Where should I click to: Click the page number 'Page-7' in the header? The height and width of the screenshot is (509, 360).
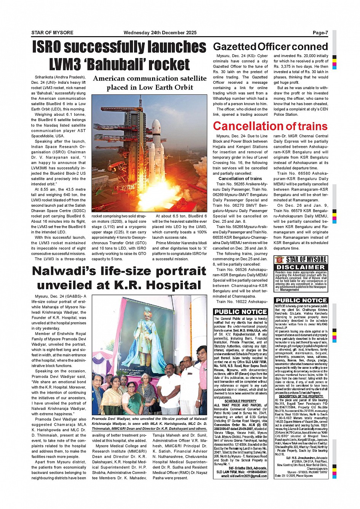pyautogui.click(x=320, y=33)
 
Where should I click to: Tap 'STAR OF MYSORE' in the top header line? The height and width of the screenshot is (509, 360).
pyautogui.click(x=52, y=33)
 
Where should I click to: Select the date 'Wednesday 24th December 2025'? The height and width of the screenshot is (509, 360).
pyautogui.click(x=160, y=33)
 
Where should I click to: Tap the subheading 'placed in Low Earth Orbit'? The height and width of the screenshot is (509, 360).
pyautogui.click(x=150, y=88)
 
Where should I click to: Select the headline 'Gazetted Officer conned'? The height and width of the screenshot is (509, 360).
pyautogui.click(x=270, y=47)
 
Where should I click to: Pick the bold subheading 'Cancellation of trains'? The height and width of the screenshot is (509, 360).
pyautogui.click(x=240, y=179)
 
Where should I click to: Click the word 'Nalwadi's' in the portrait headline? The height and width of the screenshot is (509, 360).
pyautogui.click(x=77, y=271)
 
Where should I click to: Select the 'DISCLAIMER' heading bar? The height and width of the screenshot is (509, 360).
pyautogui.click(x=301, y=267)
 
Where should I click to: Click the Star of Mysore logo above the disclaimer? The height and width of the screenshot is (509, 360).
pyautogui.click(x=301, y=260)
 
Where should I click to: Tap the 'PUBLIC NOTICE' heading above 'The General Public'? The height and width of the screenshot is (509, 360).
pyautogui.click(x=240, y=312)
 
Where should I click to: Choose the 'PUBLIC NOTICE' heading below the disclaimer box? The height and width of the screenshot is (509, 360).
pyautogui.click(x=301, y=300)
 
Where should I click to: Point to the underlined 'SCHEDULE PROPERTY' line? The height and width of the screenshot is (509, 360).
pyautogui.click(x=240, y=401)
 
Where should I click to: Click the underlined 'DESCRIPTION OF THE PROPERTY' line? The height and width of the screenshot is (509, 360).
pyautogui.click(x=301, y=396)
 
